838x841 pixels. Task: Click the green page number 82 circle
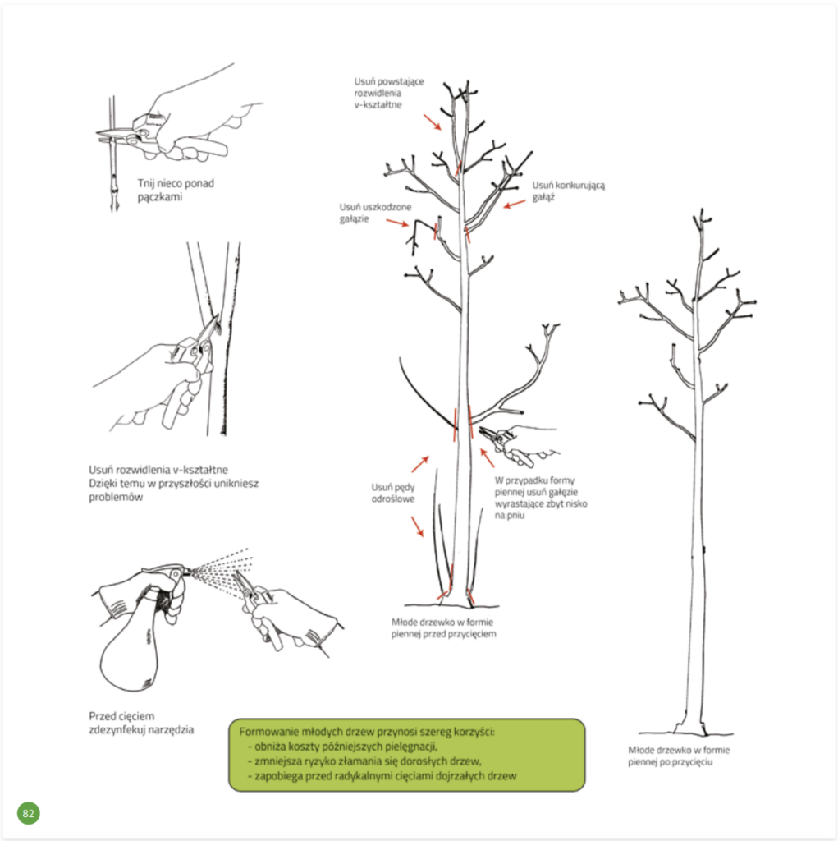tap(29, 813)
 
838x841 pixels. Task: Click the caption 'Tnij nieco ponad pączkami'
tap(176, 190)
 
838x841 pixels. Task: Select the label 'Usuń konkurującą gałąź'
tap(568, 191)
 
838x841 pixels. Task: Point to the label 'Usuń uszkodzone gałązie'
tap(375, 213)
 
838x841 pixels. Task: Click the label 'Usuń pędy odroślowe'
tap(393, 493)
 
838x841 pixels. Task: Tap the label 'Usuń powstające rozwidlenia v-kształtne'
tap(389, 93)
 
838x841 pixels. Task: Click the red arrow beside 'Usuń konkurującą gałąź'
tap(515, 204)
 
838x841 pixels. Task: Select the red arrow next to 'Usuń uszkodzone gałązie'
tap(397, 223)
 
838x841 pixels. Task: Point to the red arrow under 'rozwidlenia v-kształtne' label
tap(433, 122)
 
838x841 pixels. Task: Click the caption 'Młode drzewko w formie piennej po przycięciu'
tap(679, 756)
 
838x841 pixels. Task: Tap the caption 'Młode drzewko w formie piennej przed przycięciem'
tap(443, 628)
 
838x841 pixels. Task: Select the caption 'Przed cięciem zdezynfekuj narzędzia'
tap(141, 723)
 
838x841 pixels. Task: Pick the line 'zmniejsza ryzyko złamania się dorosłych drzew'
tap(367, 761)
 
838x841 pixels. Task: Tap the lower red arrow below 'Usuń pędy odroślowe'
tap(418, 526)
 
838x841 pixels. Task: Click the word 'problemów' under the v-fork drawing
tap(116, 497)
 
